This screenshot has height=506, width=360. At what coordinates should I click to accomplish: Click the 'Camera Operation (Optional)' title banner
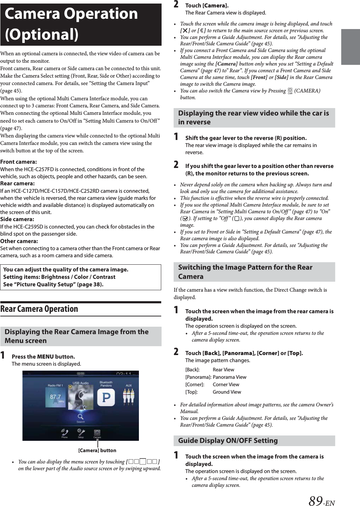tap(81, 24)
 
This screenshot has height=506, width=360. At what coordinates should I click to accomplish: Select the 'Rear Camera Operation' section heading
tap(39, 309)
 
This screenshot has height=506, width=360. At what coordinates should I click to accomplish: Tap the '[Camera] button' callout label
tap(97, 450)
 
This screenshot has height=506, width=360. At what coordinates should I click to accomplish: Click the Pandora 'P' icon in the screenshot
tap(106, 398)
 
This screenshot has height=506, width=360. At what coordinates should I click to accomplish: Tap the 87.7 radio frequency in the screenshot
tap(55, 397)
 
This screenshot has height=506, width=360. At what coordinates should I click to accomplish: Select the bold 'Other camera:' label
tap(19, 241)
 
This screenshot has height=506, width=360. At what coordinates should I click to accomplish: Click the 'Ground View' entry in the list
tap(227, 392)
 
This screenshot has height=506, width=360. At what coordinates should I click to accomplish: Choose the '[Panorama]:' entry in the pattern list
tap(198, 377)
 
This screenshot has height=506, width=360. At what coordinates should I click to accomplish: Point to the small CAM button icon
tap(290, 91)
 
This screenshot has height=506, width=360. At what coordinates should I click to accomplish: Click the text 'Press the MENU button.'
tap(43, 356)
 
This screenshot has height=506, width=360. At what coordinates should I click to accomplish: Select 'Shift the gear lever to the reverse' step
tap(246, 138)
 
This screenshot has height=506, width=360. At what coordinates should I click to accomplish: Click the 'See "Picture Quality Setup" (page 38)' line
tap(54, 284)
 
